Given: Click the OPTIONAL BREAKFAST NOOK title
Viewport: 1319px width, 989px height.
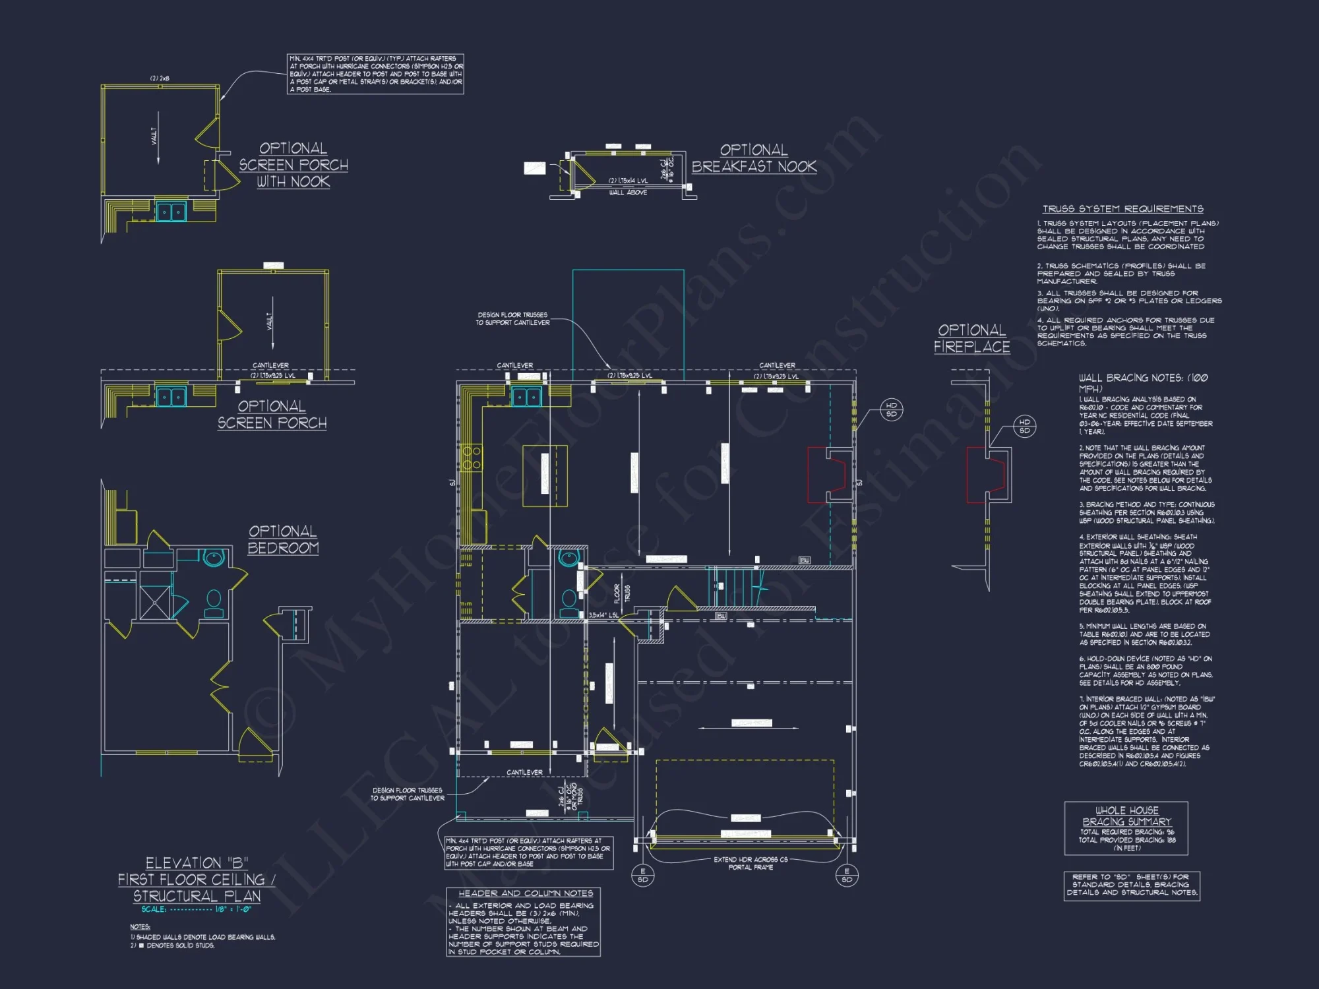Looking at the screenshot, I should click(754, 158).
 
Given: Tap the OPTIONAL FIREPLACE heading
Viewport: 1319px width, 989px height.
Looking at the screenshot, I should click(971, 338).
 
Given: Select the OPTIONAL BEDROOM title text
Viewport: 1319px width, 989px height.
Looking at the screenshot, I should click(283, 539).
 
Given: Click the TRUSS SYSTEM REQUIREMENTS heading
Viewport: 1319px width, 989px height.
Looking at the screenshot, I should click(1122, 209).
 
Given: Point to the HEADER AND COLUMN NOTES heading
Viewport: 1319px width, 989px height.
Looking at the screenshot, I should click(526, 893).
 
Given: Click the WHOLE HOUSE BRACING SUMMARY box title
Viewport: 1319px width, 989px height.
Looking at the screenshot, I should click(1126, 816).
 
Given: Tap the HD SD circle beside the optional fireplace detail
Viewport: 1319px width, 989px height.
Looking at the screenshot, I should click(1024, 427).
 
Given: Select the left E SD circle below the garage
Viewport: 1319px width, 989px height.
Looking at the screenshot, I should click(642, 876).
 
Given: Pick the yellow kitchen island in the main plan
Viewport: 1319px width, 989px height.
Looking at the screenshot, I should click(545, 475).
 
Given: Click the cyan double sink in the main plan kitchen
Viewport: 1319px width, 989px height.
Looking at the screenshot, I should click(526, 397).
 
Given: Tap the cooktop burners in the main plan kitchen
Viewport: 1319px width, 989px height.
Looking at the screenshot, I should click(472, 458).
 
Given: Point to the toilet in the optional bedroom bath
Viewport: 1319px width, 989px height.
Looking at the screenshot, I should click(214, 602).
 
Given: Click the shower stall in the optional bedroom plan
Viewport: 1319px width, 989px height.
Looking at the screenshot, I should click(155, 602).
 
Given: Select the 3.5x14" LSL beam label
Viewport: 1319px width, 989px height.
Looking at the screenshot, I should click(603, 615).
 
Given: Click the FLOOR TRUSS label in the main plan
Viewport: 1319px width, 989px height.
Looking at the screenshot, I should click(622, 593).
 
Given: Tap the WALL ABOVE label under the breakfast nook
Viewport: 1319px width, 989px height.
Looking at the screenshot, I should click(628, 193).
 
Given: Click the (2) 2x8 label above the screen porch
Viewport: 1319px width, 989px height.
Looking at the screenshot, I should click(160, 78).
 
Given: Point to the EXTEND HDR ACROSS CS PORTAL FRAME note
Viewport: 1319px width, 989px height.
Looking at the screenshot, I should click(751, 863).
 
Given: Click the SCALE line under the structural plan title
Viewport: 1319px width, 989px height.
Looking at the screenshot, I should click(196, 909).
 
